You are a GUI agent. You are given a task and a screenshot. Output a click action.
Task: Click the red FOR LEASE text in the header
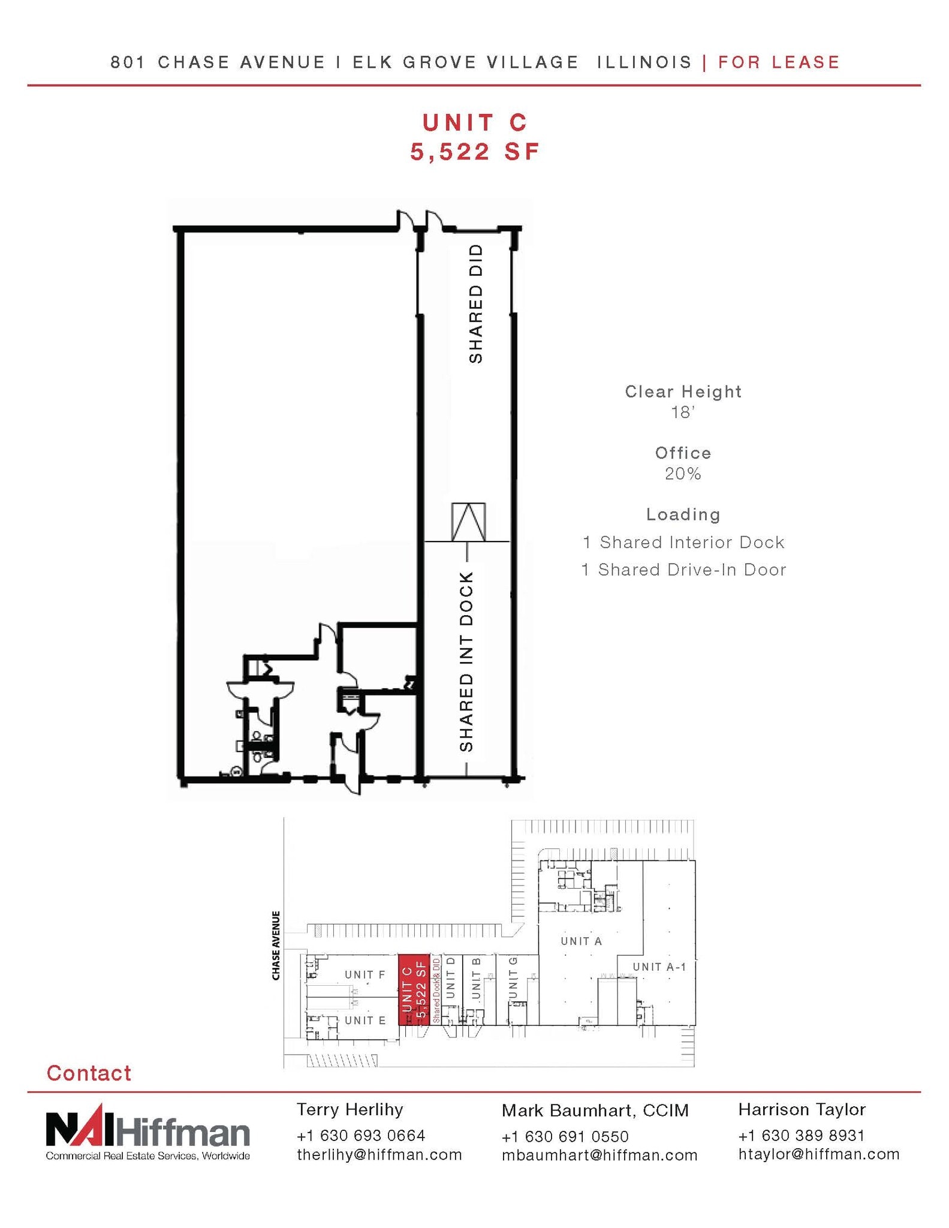click(x=779, y=62)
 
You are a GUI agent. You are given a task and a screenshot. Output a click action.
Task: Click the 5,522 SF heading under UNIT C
click(x=475, y=152)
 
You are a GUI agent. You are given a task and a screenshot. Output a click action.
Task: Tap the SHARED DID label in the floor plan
click(x=475, y=303)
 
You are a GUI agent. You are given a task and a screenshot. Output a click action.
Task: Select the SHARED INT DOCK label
click(x=466, y=662)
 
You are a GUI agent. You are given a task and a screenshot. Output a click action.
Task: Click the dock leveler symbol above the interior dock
click(x=468, y=522)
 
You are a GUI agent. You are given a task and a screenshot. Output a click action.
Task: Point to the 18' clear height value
click(x=682, y=413)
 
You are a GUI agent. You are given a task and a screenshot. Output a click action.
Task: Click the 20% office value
click(x=682, y=474)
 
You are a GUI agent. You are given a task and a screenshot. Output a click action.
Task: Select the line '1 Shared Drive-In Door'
click(x=683, y=570)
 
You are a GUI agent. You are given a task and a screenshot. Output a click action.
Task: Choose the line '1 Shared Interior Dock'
click(x=683, y=543)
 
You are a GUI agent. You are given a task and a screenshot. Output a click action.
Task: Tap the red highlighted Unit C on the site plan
click(x=414, y=989)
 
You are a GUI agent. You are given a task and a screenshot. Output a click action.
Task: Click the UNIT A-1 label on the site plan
click(x=659, y=967)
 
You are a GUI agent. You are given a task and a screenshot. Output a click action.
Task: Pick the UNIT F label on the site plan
click(x=364, y=974)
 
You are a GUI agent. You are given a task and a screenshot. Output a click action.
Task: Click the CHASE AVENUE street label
click(x=276, y=946)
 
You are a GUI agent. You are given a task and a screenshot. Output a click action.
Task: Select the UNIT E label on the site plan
click(x=364, y=1020)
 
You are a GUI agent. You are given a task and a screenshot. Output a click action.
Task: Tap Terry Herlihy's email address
click(x=379, y=1155)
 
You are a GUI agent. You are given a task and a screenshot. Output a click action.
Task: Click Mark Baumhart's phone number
click(x=565, y=1137)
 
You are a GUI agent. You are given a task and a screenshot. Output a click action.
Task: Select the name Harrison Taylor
click(x=802, y=1109)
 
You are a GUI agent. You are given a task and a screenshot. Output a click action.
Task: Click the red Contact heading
click(x=89, y=1073)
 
